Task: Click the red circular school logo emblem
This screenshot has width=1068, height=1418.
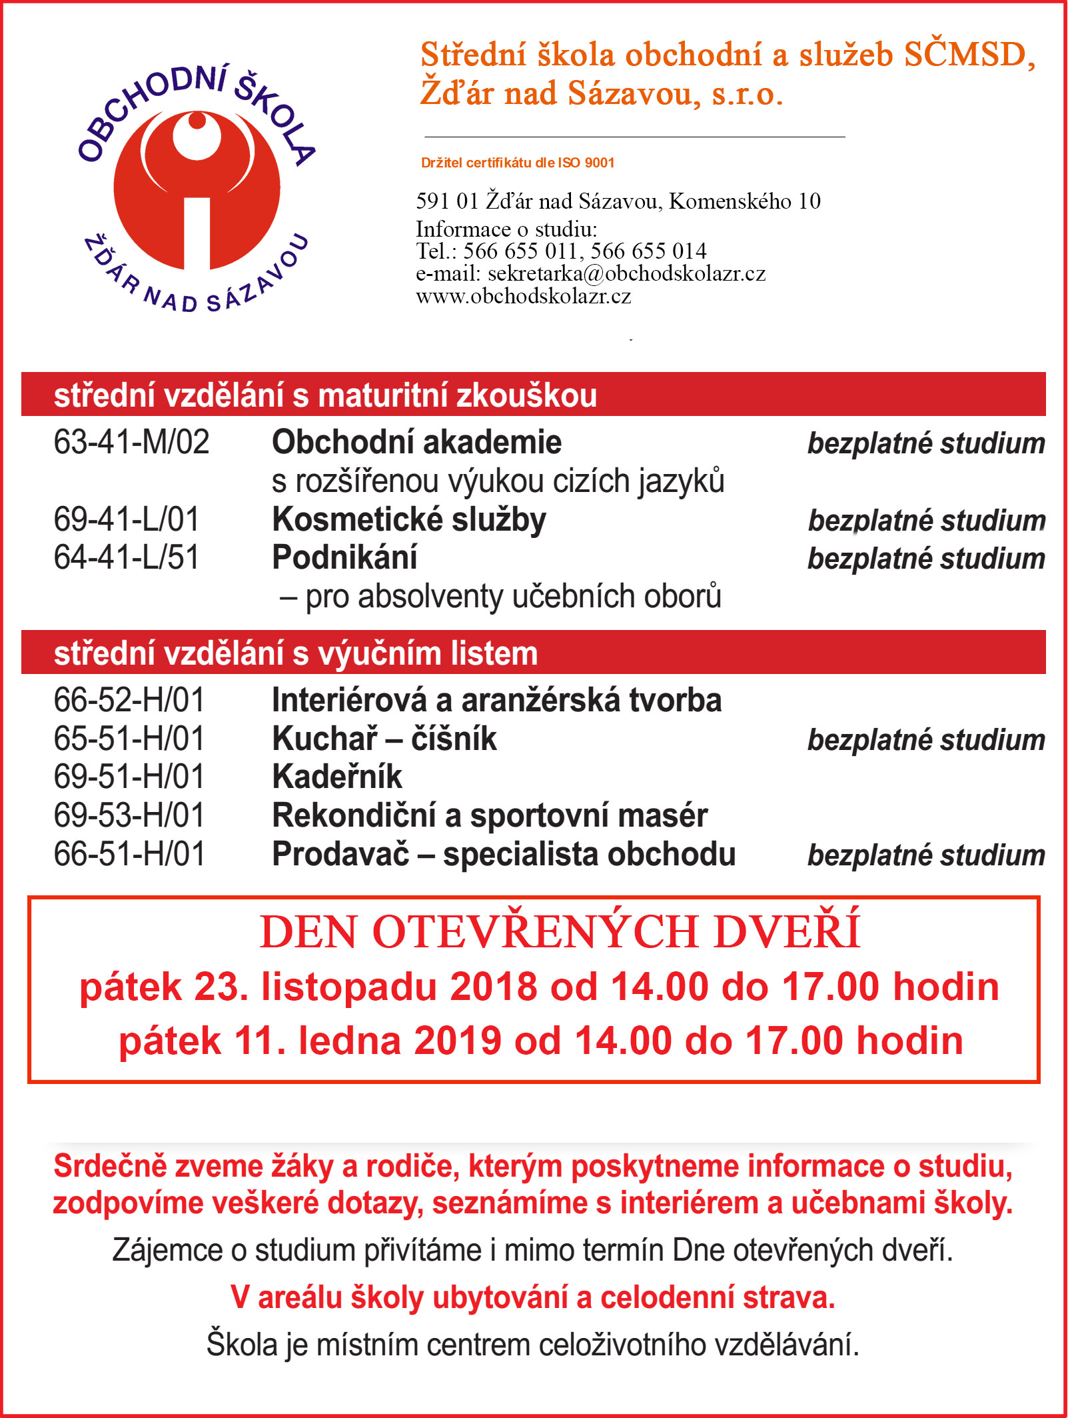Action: (x=197, y=190)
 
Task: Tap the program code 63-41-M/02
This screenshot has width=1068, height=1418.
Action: (x=131, y=442)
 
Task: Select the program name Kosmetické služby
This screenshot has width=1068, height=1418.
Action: (x=409, y=520)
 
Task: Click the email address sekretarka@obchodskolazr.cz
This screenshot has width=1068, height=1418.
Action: (x=626, y=273)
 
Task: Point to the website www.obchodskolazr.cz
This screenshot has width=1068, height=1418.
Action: (x=523, y=296)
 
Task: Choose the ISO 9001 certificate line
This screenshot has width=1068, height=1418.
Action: (x=517, y=163)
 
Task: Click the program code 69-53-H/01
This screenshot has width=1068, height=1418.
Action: (x=129, y=815)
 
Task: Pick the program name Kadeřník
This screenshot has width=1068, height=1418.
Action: (x=337, y=777)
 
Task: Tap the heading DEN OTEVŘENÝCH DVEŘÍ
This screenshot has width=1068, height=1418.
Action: (x=560, y=931)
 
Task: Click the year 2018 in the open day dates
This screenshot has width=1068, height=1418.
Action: (x=493, y=987)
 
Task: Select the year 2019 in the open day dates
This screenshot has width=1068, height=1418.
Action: (x=457, y=1041)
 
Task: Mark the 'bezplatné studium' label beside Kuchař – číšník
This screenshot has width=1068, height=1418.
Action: (x=926, y=740)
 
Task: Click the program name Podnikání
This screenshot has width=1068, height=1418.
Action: (x=344, y=558)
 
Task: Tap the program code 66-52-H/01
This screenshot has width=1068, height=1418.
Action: (x=129, y=701)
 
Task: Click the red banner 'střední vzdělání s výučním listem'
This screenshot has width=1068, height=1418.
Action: (x=533, y=653)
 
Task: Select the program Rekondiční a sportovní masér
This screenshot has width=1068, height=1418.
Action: (x=490, y=815)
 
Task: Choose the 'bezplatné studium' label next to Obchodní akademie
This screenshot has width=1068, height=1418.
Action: (x=926, y=443)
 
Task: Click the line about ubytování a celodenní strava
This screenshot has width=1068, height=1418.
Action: (x=533, y=1298)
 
